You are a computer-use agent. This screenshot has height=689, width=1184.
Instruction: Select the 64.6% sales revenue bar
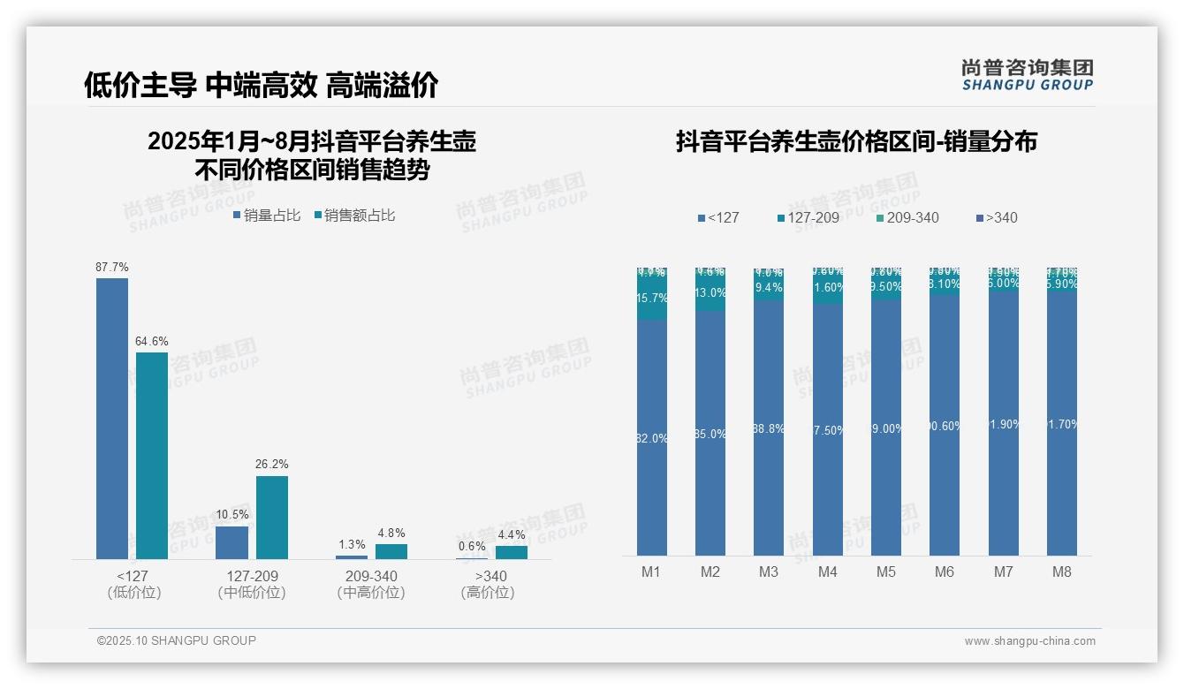(152, 455)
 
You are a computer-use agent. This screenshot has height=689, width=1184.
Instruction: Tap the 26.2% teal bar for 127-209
(272, 517)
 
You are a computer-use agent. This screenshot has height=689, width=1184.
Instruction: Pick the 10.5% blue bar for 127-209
(231, 542)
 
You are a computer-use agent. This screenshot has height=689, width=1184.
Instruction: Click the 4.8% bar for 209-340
(391, 551)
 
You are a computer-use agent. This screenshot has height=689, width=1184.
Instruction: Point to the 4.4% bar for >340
(511, 552)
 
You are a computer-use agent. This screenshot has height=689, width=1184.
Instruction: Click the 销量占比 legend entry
(267, 216)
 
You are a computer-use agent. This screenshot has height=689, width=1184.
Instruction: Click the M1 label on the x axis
(651, 572)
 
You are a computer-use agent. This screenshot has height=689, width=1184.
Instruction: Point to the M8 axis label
(1062, 572)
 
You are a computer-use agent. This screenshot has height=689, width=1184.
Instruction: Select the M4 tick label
(827, 572)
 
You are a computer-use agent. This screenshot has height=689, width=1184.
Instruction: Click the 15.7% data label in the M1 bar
(652, 299)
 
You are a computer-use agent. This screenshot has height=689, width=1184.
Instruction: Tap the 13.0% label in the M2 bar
(710, 293)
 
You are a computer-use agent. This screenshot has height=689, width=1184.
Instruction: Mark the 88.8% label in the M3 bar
(769, 428)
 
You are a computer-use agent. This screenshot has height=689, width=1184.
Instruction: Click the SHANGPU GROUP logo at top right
(1028, 75)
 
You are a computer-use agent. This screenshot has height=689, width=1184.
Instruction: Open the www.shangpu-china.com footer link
(1029, 641)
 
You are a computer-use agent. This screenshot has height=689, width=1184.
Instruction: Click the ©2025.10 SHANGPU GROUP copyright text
(177, 640)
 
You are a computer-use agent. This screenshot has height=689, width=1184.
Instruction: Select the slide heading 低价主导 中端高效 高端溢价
(262, 85)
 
